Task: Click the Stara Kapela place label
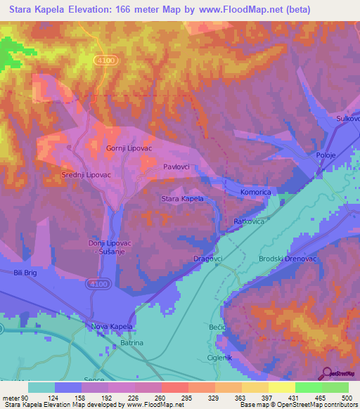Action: (x=182, y=199)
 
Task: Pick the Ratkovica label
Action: (x=249, y=221)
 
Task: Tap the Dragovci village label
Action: (x=208, y=259)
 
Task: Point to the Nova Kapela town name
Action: (x=112, y=327)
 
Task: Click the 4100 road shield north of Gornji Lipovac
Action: (x=106, y=61)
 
